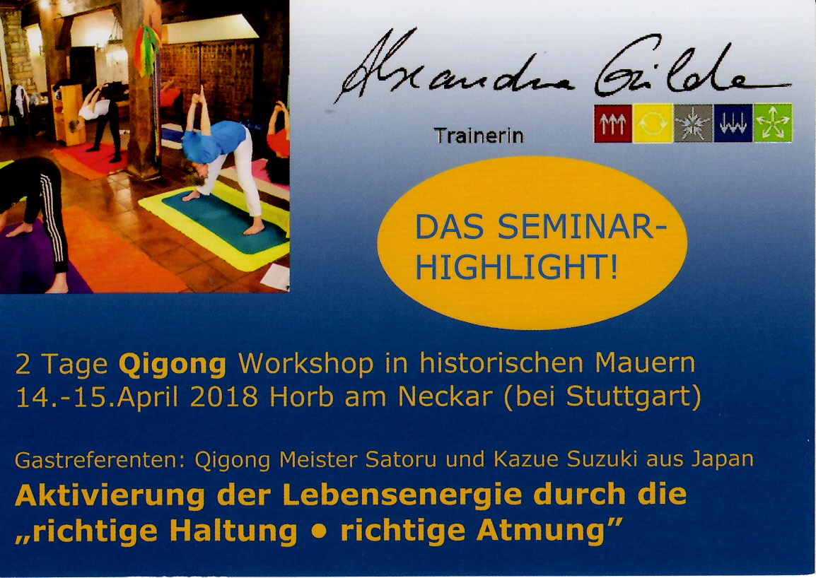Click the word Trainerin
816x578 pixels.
point(478,136)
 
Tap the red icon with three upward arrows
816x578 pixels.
point(613,123)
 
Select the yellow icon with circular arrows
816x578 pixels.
point(653,123)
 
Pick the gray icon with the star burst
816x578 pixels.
point(693,123)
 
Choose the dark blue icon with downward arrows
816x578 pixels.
point(733,123)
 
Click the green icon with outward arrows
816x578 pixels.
point(774,123)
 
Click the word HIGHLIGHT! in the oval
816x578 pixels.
point(517,267)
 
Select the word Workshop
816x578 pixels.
point(306,363)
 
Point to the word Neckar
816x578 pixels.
point(445,396)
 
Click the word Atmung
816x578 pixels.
point(541,531)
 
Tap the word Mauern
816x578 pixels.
point(645,363)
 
